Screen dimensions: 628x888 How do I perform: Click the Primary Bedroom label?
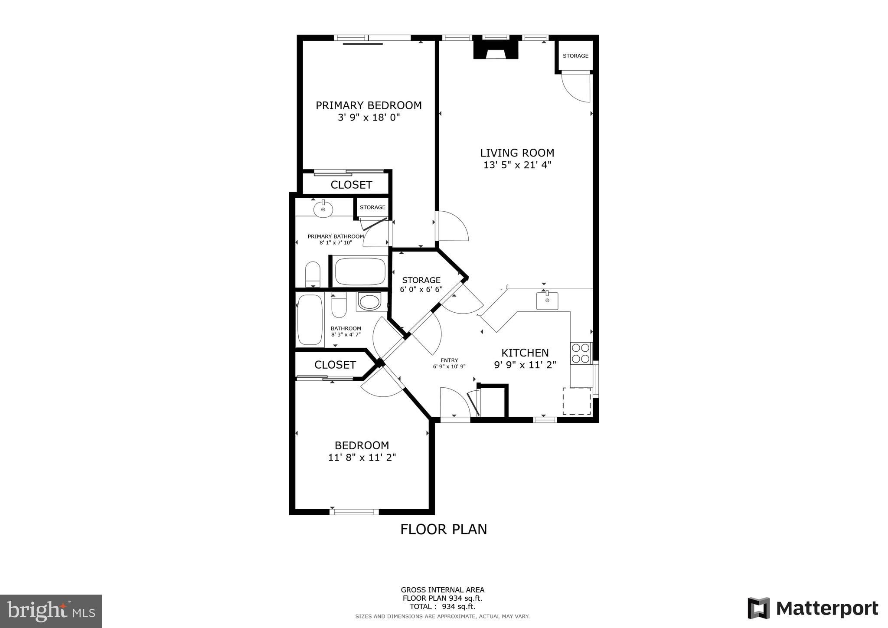pos(368,105)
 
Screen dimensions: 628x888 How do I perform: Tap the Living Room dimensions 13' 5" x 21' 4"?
pos(517,165)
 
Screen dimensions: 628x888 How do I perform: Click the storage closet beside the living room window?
pos(575,56)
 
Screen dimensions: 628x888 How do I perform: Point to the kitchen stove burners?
pos(581,353)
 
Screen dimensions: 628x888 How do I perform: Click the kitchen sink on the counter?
pos(547,301)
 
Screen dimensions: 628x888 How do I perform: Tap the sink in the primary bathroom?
pos(323,209)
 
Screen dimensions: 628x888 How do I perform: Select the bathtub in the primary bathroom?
pos(360,271)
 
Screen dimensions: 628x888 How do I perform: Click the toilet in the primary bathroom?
pos(313,274)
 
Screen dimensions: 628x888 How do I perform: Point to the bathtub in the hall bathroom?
pos(310,320)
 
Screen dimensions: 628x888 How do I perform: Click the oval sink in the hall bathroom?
pos(369,301)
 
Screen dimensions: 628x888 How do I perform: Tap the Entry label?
pos(449,360)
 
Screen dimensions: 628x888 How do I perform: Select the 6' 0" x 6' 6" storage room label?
pos(421,285)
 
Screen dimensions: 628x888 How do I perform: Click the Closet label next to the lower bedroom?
pos(335,365)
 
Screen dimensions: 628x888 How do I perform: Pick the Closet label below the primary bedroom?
pos(351,185)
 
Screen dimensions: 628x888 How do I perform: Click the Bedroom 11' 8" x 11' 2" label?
pos(362,451)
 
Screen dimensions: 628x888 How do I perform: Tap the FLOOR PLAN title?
pos(443,529)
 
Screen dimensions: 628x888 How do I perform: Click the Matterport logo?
pos(813,608)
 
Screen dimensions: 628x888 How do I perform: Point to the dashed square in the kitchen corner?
pos(577,401)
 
